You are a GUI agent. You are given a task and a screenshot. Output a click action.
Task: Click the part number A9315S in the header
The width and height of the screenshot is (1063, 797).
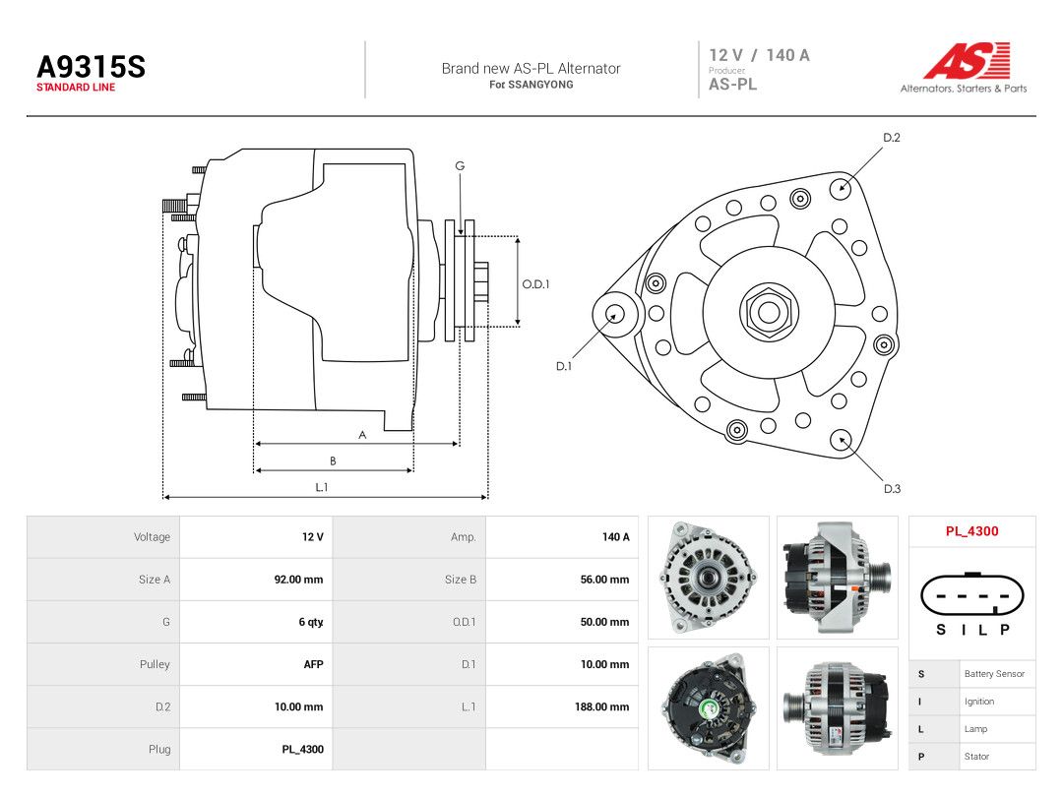tap(91, 67)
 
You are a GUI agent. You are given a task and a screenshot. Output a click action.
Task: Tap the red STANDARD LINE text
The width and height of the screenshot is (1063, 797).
tap(76, 88)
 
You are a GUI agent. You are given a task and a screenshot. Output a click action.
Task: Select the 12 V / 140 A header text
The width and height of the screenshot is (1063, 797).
tap(759, 55)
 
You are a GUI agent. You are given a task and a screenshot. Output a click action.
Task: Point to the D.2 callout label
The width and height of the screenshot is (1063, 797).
tap(892, 138)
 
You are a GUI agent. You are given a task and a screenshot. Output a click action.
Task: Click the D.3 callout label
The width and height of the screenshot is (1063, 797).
tap(892, 489)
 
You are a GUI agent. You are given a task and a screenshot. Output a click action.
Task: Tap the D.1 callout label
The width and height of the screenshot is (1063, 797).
tap(564, 366)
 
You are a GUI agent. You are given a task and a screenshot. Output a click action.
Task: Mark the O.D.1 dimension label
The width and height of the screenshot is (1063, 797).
tap(535, 284)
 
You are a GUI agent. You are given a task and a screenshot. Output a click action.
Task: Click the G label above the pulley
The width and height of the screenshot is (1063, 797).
tap(460, 165)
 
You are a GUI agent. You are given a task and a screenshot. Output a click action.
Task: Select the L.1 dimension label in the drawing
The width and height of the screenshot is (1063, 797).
tap(321, 487)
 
